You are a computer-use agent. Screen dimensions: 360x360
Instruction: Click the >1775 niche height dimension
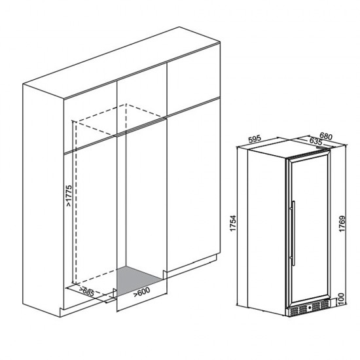[69, 196]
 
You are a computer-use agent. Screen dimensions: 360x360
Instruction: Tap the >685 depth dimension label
[87, 291]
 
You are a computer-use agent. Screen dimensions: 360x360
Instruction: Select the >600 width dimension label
[141, 291]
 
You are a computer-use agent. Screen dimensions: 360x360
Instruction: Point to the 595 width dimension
[255, 139]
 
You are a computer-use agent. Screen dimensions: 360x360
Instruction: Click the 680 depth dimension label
[326, 137]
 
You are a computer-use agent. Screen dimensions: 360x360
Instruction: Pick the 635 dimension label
[315, 141]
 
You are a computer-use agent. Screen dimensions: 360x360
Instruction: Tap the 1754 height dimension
[233, 223]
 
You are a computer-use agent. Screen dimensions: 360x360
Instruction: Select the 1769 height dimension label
[342, 224]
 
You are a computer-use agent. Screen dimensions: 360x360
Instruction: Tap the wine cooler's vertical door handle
[293, 233]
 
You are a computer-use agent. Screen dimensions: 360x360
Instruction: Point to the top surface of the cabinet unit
[121, 63]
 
